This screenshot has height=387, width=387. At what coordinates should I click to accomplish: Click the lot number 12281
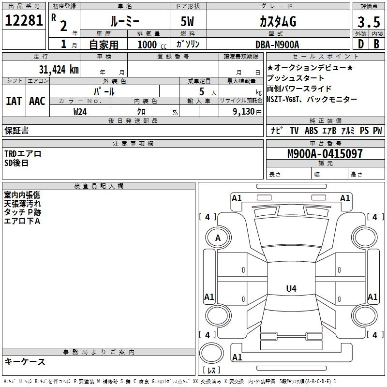[x=24, y=20]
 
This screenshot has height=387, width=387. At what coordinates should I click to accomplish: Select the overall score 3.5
[x=369, y=22]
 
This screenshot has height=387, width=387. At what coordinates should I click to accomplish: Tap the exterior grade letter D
[x=361, y=44]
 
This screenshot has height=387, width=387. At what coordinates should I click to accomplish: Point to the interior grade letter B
[x=376, y=44]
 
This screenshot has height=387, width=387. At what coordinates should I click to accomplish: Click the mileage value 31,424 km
[x=59, y=69]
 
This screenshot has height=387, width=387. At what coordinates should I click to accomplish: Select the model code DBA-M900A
[x=277, y=45]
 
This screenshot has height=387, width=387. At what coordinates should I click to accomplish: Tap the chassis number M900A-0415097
[x=325, y=154]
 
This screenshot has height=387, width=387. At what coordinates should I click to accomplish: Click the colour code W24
[x=80, y=112]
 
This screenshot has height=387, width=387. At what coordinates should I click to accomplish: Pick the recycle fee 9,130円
[x=247, y=112]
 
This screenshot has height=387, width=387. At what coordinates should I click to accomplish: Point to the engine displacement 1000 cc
[x=152, y=45]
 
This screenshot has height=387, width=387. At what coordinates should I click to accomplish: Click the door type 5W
[x=187, y=21]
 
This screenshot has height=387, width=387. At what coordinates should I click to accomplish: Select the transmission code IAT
[x=14, y=101]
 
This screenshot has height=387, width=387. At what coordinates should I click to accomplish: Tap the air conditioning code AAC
[x=37, y=101]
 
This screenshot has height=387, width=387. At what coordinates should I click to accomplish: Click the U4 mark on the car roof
[x=291, y=288]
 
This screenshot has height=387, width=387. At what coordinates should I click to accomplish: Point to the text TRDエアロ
[x=23, y=154]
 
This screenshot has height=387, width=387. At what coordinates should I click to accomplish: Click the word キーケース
[x=25, y=361]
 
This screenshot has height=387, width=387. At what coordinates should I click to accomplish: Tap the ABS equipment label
[x=311, y=130]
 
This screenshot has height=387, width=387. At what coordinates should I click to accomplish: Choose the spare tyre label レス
[x=211, y=370]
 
